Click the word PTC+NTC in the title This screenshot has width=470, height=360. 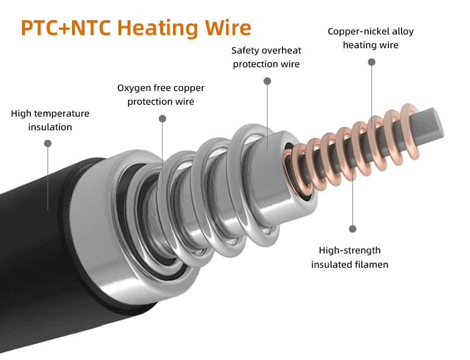(x=65, y=28)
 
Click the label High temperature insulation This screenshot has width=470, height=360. (x=50, y=120)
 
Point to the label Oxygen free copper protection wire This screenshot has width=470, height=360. (x=161, y=95)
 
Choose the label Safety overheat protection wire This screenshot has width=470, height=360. (x=266, y=57)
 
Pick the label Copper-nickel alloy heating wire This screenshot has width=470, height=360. (x=370, y=38)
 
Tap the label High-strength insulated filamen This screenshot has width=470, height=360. (x=349, y=257)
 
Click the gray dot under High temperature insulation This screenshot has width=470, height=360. (x=48, y=143)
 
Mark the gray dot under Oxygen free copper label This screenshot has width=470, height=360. (x=162, y=118)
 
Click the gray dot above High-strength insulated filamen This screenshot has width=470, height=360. (x=352, y=228)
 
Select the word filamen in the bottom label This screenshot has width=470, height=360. (x=371, y=264)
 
